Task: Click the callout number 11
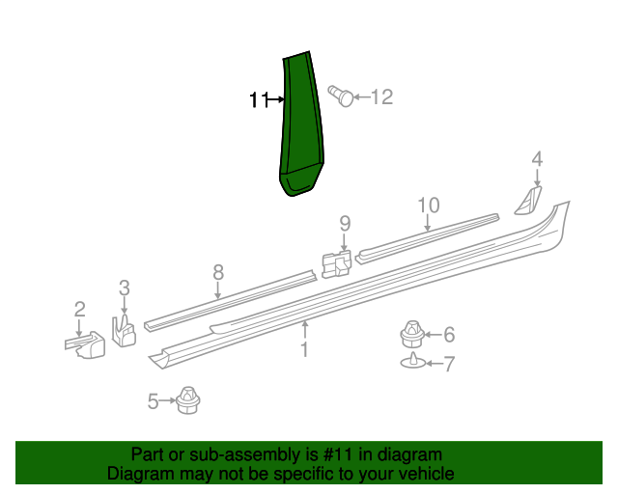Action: tap(259, 99)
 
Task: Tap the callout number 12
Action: tap(382, 96)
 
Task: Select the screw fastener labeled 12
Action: tap(341, 96)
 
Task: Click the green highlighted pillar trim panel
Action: tap(301, 123)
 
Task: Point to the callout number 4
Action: tap(537, 159)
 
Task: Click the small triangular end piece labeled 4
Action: tap(528, 201)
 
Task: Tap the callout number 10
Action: tap(429, 206)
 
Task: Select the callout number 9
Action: tap(345, 224)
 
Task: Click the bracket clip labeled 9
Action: tap(337, 264)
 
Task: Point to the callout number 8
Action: tap(218, 273)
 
